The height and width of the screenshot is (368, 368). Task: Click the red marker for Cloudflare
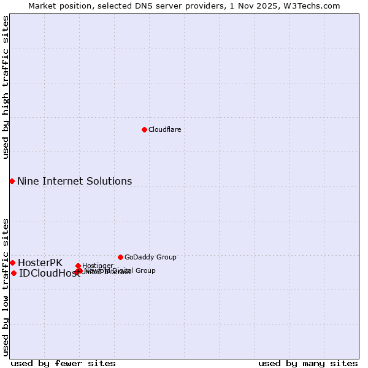pyautogui.click(x=144, y=129)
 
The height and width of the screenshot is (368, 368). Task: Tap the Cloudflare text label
pyautogui.click(x=164, y=129)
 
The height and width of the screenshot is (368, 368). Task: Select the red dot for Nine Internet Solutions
pyautogui.click(x=12, y=181)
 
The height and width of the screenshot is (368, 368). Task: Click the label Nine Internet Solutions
pyautogui.click(x=74, y=181)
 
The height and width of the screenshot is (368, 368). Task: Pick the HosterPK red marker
pyautogui.click(x=12, y=263)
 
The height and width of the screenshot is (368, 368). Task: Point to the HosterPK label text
pyautogui.click(x=40, y=263)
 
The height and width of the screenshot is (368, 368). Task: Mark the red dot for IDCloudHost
pyautogui.click(x=13, y=273)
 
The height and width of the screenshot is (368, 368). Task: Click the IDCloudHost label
pyautogui.click(x=49, y=274)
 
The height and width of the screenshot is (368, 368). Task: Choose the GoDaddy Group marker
pyautogui.click(x=120, y=257)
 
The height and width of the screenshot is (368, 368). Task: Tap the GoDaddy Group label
pyautogui.click(x=150, y=257)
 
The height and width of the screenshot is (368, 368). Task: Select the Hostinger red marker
pyautogui.click(x=78, y=266)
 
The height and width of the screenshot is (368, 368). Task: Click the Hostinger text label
pyautogui.click(x=98, y=266)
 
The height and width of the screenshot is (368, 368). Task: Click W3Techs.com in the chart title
pyautogui.click(x=315, y=6)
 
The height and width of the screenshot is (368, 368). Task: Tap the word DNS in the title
pyautogui.click(x=140, y=6)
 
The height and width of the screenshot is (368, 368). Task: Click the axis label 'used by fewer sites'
pyautogui.click(x=63, y=363)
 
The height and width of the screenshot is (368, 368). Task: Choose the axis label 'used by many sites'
pyautogui.click(x=308, y=363)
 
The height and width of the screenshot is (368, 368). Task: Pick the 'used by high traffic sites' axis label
pyautogui.click(x=6, y=87)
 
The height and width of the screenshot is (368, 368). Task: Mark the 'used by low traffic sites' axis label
pyautogui.click(x=6, y=286)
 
